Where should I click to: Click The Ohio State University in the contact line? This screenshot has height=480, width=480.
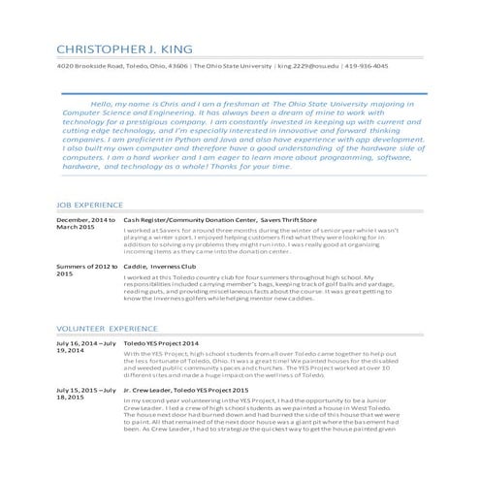point(233,66)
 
